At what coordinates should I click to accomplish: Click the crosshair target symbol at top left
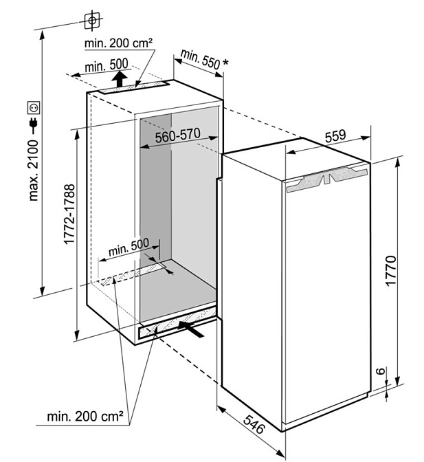coord(92,21)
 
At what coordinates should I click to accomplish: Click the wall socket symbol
coord(34,108)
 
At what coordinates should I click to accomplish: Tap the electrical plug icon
coord(34,125)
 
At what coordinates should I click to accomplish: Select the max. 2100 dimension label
coord(34,170)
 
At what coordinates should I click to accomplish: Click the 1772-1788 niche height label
coord(69,214)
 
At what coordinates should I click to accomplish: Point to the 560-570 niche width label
coord(178,135)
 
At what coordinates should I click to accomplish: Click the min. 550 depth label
coord(200,59)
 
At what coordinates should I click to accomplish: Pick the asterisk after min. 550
coord(225,63)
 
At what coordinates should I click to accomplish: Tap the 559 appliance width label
coord(335,136)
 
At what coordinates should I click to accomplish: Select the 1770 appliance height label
coord(391,270)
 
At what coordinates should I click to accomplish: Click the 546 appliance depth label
coord(254,424)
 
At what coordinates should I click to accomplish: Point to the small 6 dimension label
coord(381,371)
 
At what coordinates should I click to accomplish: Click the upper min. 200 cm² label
coord(118,43)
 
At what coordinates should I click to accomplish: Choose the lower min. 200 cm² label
coord(85,417)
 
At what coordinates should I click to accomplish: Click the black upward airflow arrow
coord(119,78)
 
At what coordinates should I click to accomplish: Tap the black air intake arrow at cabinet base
coord(191,329)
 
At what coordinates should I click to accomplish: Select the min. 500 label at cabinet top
coord(107,65)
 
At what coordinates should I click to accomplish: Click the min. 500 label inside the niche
coord(129,247)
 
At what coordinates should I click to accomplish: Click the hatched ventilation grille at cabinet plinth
coord(177,323)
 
